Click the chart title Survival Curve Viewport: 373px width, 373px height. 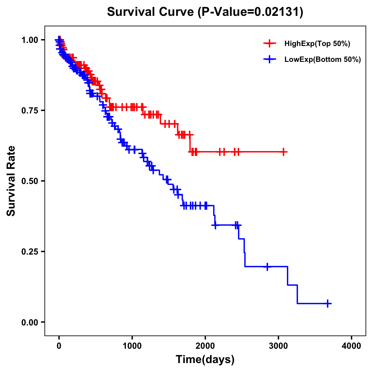pyautogui.click(x=151, y=12)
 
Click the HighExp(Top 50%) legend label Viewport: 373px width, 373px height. pyautogui.click(x=317, y=44)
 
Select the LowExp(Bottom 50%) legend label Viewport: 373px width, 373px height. pyautogui.click(x=323, y=60)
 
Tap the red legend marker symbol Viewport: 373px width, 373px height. pyautogui.click(x=269, y=44)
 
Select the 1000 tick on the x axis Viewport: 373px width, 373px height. pyautogui.click(x=132, y=346)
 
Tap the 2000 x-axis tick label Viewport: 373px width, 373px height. pyautogui.click(x=205, y=346)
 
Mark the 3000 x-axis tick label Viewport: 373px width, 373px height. pyautogui.click(x=279, y=346)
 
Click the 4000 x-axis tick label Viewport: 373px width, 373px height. pyautogui.click(x=352, y=346)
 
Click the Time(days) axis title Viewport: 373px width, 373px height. pyautogui.click(x=205, y=360)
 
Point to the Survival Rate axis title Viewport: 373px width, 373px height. pyautogui.click(x=11, y=181)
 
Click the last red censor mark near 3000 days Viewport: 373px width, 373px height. pyautogui.click(x=283, y=152)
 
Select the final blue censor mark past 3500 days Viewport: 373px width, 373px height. pyautogui.click(x=328, y=303)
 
